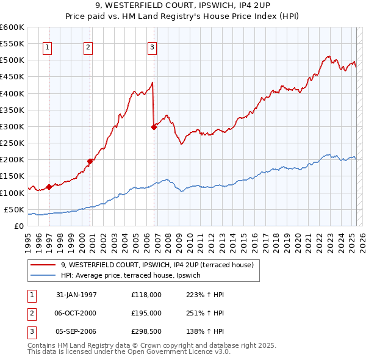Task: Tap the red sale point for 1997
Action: (49, 187)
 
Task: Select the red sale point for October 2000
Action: (90, 161)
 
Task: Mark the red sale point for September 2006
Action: (154, 127)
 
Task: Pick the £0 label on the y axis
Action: (19, 226)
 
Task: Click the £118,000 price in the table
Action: (146, 294)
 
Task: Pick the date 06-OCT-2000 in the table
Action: (76, 313)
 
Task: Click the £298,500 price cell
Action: (146, 332)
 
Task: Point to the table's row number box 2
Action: (30, 313)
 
